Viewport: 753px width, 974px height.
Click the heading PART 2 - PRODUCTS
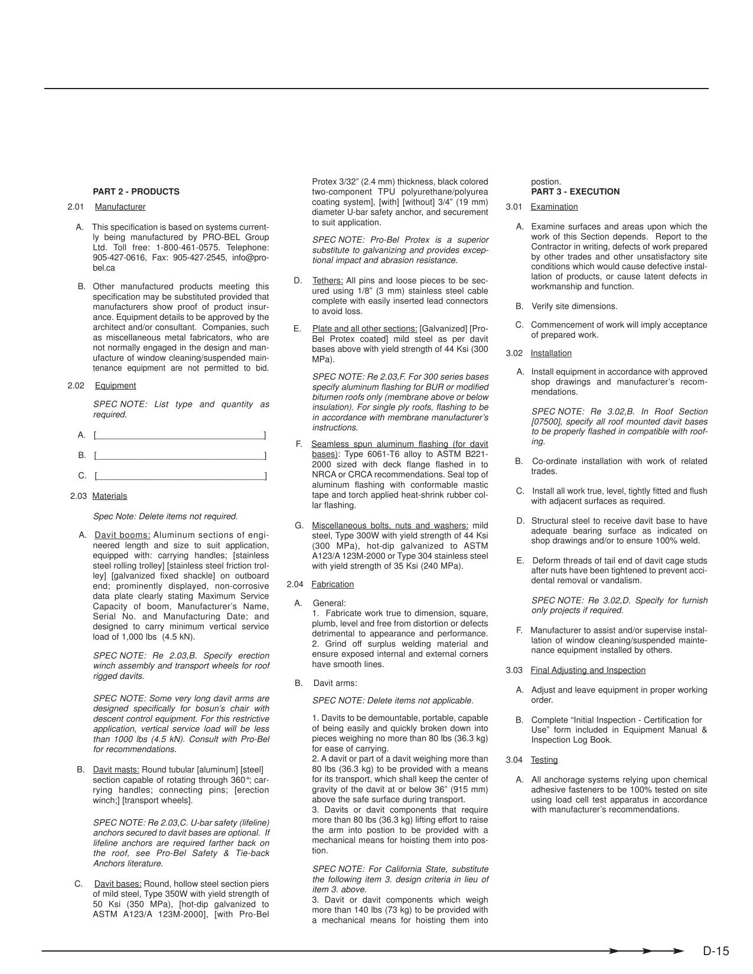(x=136, y=192)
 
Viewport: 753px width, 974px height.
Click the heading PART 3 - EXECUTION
(x=575, y=192)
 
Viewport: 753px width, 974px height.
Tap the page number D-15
(x=716, y=951)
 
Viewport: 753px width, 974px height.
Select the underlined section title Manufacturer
(x=120, y=207)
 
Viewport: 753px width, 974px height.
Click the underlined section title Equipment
(x=115, y=386)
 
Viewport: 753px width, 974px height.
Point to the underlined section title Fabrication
(x=333, y=584)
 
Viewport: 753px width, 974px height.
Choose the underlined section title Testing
(x=544, y=760)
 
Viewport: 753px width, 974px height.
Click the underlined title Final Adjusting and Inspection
(x=588, y=671)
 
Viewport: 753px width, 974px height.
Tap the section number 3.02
(x=514, y=354)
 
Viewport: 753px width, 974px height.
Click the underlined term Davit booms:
(x=122, y=535)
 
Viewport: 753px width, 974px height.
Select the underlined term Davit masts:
(x=116, y=770)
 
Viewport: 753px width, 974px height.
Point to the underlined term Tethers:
(x=327, y=281)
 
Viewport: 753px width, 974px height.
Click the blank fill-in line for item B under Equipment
(x=180, y=456)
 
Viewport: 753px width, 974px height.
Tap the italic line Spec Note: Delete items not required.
(x=165, y=517)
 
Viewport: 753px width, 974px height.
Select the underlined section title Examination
(x=554, y=207)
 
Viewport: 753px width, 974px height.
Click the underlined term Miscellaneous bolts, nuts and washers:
(x=390, y=525)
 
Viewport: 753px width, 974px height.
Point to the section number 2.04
(x=295, y=584)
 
